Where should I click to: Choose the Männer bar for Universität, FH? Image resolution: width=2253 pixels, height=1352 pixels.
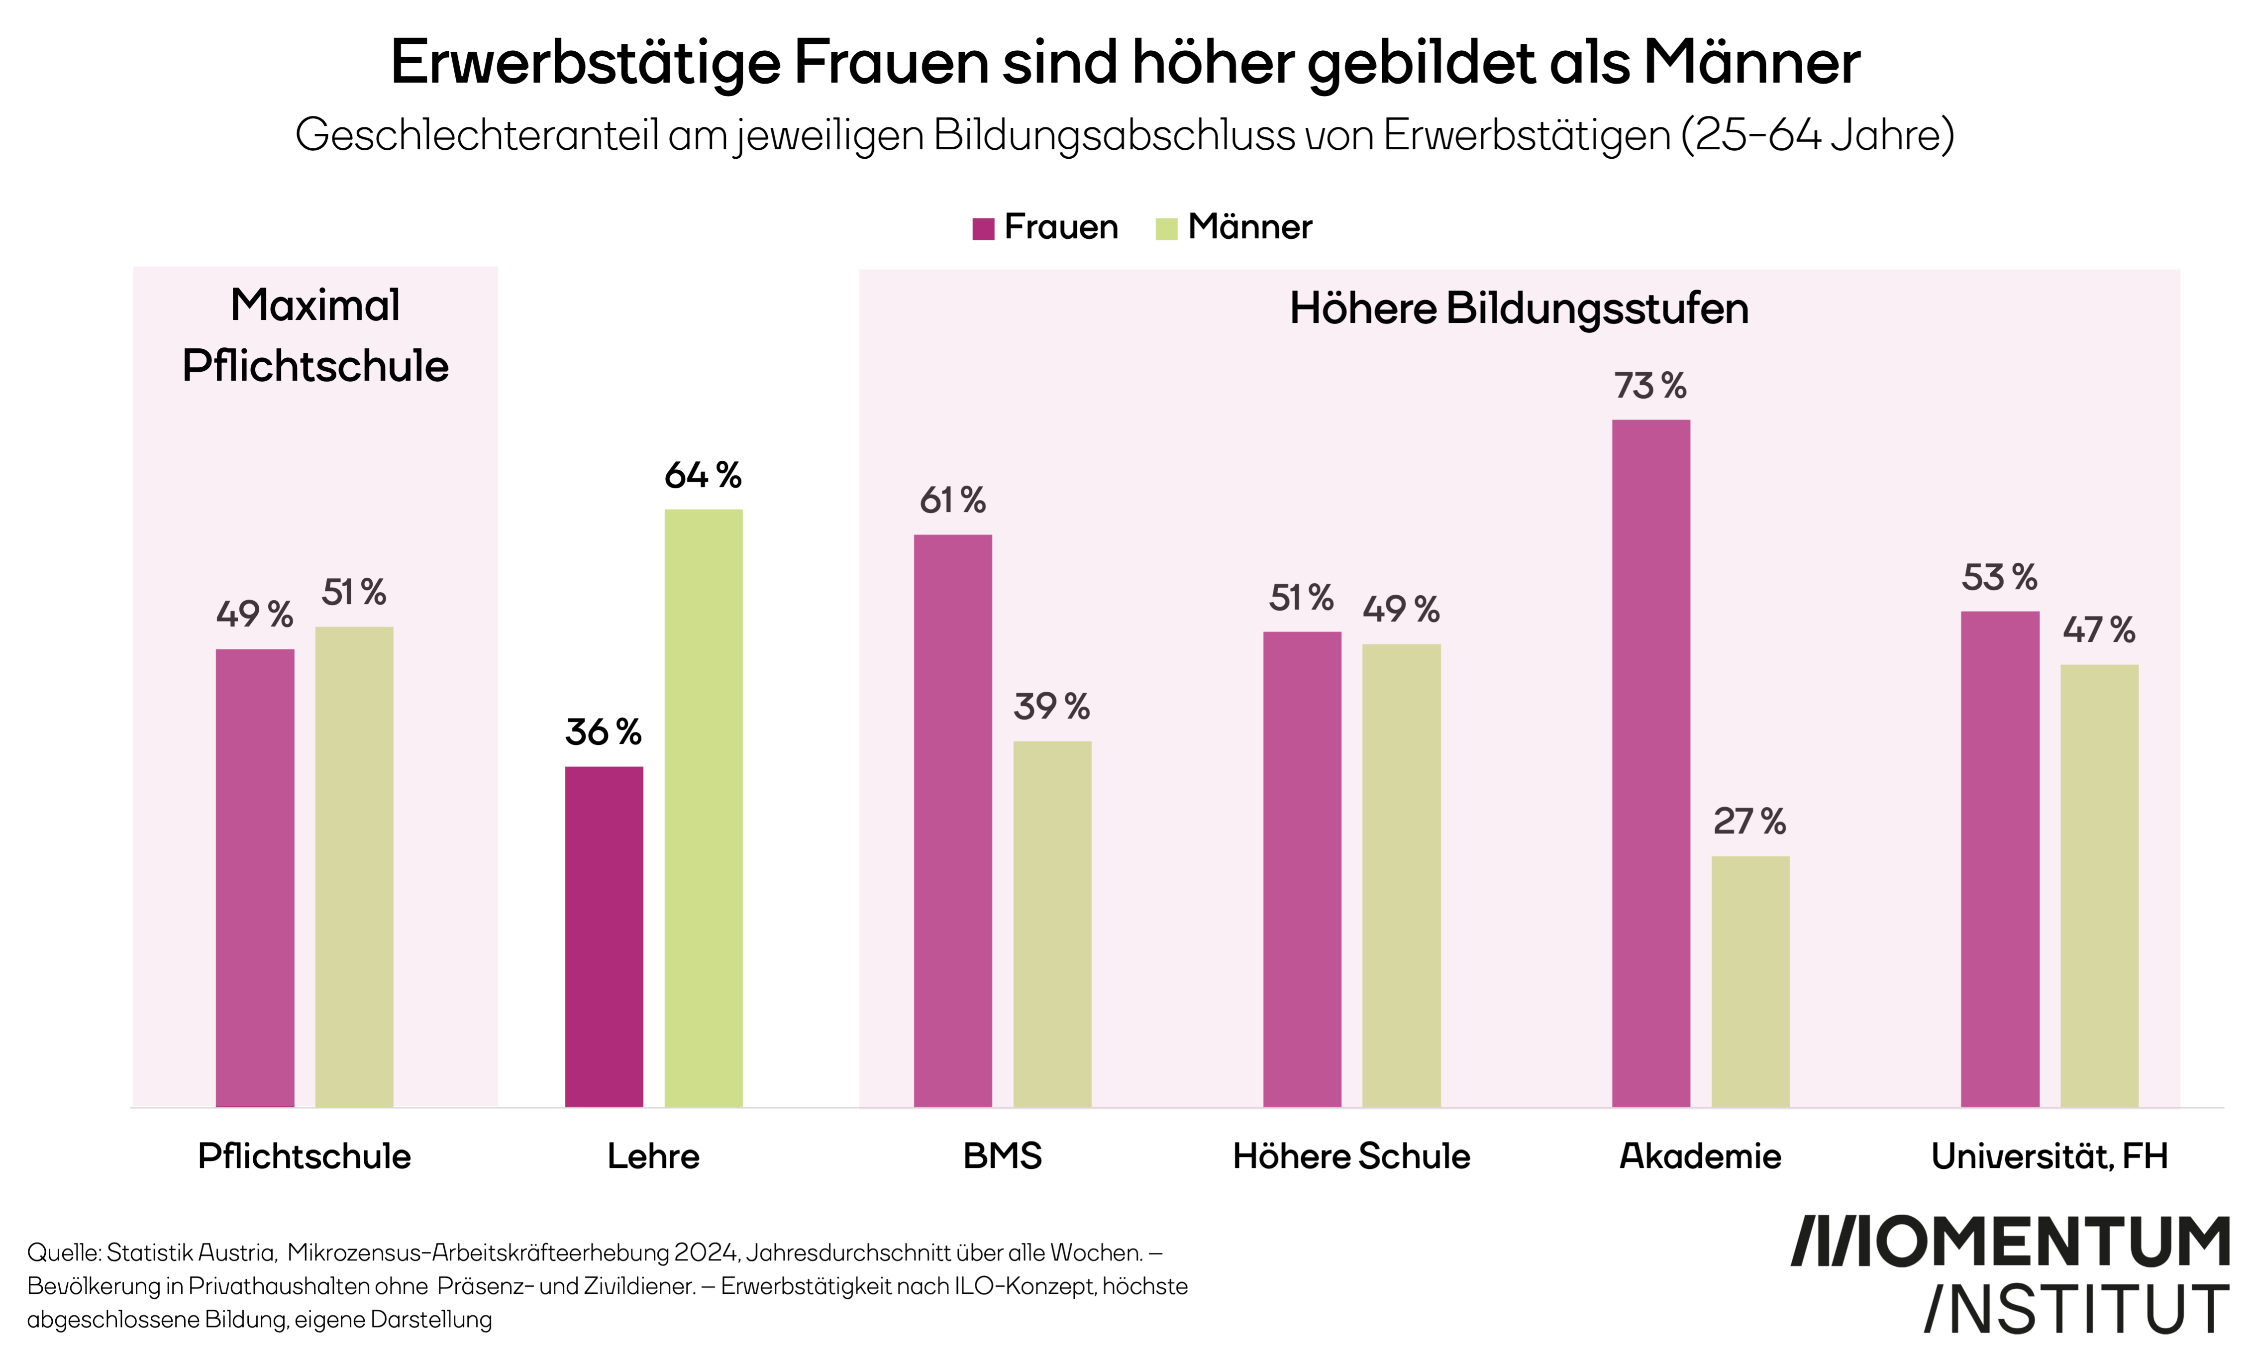tap(2099, 886)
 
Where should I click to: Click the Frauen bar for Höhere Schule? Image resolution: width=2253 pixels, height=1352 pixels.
tap(1302, 869)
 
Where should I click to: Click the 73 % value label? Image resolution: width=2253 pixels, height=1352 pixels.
tap(1650, 386)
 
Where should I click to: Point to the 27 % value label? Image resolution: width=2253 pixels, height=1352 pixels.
tap(1749, 822)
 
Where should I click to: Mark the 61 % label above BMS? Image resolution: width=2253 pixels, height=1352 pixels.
tap(952, 500)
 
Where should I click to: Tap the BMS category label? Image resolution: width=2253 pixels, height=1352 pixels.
tap(1002, 1156)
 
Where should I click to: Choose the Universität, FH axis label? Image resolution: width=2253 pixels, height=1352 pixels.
tap(2049, 1156)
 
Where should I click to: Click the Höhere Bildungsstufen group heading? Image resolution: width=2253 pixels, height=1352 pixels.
tap(1519, 309)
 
